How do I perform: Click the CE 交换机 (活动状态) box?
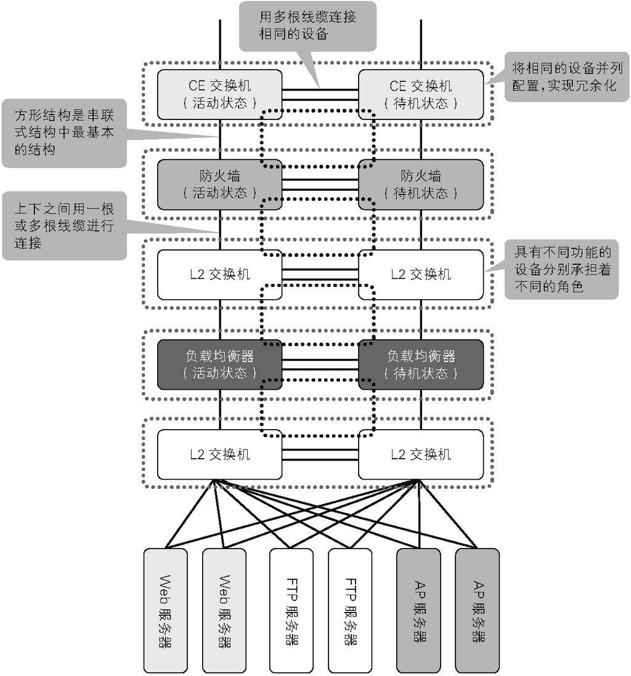tap(219, 94)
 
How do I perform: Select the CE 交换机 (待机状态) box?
tap(421, 94)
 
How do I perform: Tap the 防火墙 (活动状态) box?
tap(219, 184)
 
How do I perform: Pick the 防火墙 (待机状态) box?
tap(421, 184)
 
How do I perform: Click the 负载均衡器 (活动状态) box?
tap(219, 364)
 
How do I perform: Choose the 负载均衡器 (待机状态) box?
tap(421, 364)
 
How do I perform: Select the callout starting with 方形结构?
tap(64, 132)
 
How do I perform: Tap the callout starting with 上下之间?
tap(64, 226)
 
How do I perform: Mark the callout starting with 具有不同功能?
tap(561, 269)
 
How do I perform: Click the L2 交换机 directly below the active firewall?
tap(219, 275)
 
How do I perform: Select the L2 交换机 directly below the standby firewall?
tap(421, 275)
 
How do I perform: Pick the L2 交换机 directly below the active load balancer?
tap(219, 454)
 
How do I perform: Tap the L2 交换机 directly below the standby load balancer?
tap(421, 454)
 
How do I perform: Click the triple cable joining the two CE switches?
tap(320, 94)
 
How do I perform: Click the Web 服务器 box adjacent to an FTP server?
tap(224, 610)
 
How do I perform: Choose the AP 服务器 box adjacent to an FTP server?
tap(418, 610)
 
